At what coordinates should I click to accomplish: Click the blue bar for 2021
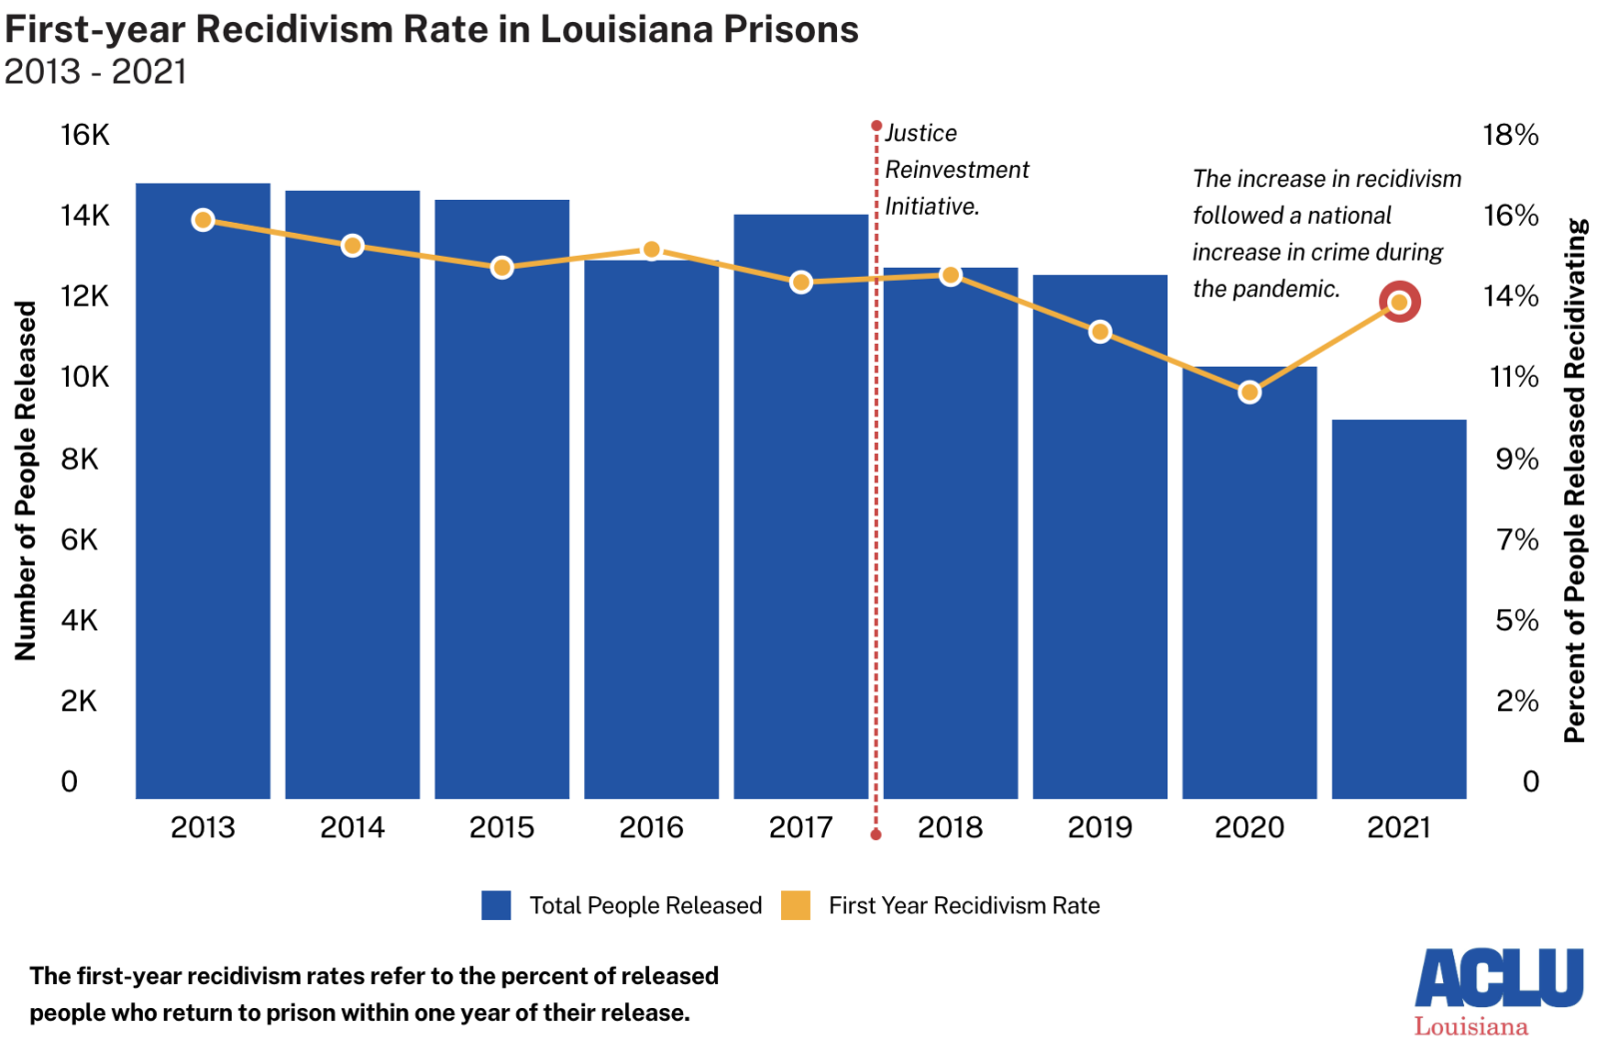click(x=1398, y=609)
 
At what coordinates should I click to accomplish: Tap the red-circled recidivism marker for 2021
click(x=1399, y=302)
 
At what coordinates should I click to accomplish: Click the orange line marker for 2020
click(x=1249, y=393)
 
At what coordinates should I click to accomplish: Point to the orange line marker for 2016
click(x=651, y=250)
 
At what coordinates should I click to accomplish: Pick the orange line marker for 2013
click(x=203, y=220)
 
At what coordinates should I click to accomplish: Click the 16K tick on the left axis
click(x=85, y=135)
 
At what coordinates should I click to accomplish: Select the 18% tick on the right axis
click(x=1510, y=135)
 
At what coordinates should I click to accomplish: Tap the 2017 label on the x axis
click(x=800, y=827)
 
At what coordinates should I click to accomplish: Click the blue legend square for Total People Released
click(x=496, y=905)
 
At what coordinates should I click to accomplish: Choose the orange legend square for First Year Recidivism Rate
click(x=795, y=905)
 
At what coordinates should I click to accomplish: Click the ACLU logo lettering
click(x=1498, y=978)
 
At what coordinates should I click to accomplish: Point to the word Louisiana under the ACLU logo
click(x=1470, y=1027)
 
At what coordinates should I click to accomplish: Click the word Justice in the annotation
click(x=921, y=133)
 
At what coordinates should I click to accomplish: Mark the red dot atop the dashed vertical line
click(x=876, y=126)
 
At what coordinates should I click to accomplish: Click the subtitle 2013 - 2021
click(x=96, y=72)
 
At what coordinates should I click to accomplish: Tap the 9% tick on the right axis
click(x=1516, y=459)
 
